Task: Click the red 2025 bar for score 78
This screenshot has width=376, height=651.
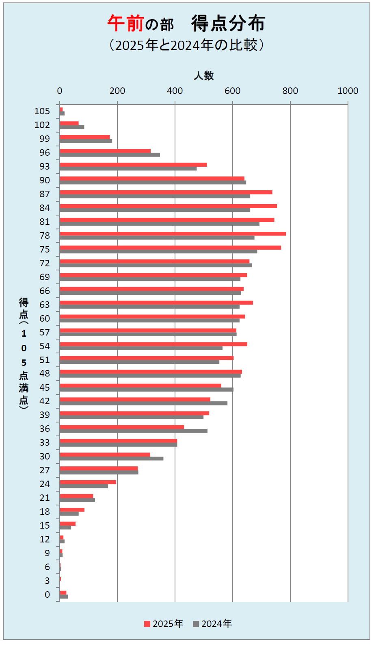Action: click(173, 234)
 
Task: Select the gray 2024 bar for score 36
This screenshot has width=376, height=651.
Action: click(134, 431)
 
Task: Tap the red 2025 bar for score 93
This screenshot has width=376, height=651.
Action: click(133, 165)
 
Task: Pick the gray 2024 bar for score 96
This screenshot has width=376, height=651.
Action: click(110, 155)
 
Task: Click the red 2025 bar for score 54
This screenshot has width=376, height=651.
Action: click(153, 344)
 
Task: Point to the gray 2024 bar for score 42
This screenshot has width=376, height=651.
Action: click(143, 403)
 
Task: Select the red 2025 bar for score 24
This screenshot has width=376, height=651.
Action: click(88, 482)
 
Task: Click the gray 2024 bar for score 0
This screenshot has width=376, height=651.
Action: click(64, 597)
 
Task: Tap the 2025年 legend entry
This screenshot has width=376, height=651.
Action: click(164, 624)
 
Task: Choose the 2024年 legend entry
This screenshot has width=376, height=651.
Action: click(212, 624)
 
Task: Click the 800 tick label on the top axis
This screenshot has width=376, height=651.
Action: click(290, 91)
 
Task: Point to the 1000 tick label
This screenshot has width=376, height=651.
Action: click(348, 91)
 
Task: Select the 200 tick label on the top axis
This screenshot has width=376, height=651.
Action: click(117, 91)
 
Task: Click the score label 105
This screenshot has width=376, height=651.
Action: click(42, 111)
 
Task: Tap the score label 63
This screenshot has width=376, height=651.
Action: click(45, 305)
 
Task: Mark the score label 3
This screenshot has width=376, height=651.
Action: click(47, 581)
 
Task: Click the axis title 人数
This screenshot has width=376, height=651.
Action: click(203, 76)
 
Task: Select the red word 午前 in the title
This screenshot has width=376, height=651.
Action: click(125, 24)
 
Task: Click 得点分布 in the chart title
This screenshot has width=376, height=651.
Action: click(228, 24)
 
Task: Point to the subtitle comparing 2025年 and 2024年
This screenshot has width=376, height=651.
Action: click(186, 45)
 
